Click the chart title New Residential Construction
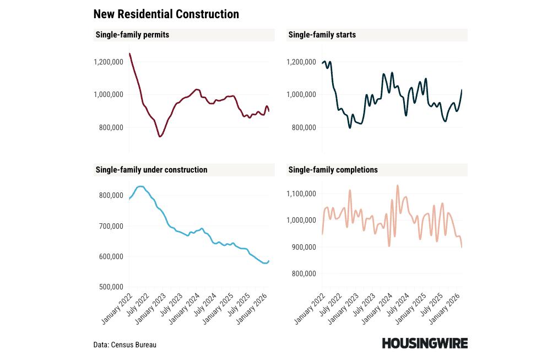click(166, 14)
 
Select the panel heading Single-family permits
click(132, 35)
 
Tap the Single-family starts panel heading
click(322, 35)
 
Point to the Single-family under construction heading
click(151, 170)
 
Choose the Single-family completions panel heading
click(333, 170)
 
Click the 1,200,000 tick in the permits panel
click(108, 62)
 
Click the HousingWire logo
click(425, 343)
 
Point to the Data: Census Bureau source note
click(124, 345)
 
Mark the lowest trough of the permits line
click(160, 136)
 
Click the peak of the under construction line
click(140, 186)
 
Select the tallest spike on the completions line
click(397, 186)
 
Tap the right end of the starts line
click(462, 90)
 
